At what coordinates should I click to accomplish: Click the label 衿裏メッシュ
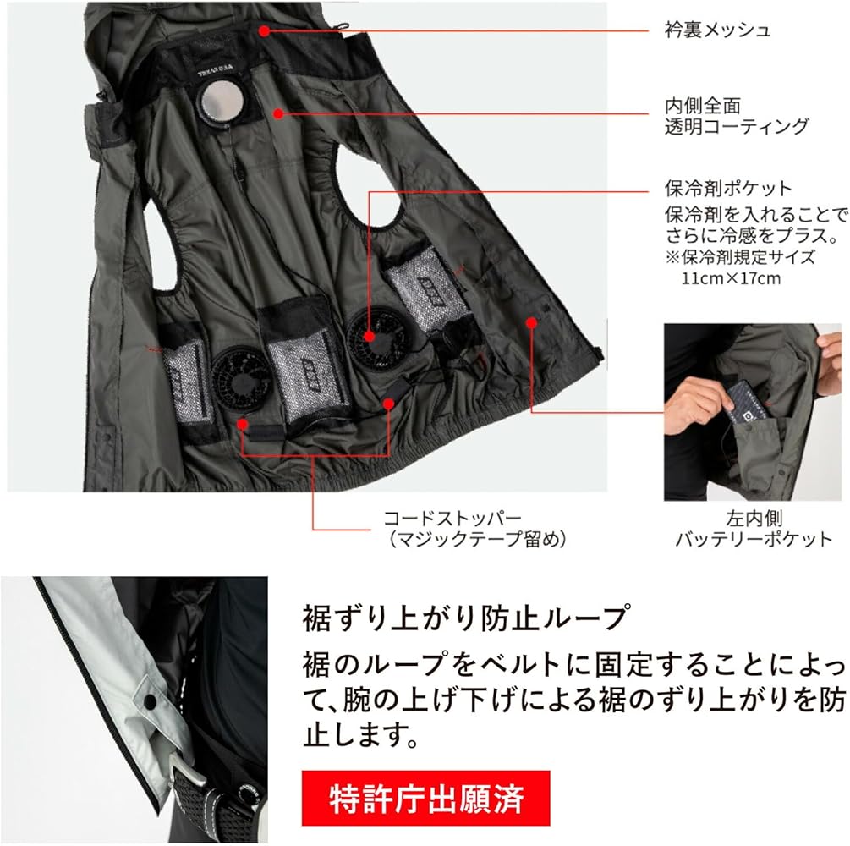click(716, 30)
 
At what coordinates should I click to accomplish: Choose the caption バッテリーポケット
click(753, 539)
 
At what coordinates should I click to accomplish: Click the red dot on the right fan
click(370, 336)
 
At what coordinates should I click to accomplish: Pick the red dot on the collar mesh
click(264, 30)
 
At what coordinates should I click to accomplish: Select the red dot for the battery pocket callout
click(531, 321)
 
